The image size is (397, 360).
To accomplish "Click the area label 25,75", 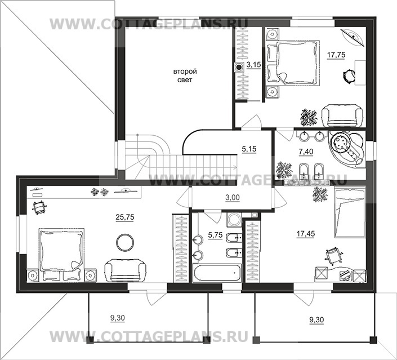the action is point(124,217).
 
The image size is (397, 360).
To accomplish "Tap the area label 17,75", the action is point(336,55).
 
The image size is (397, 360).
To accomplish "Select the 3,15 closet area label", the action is point(254,65).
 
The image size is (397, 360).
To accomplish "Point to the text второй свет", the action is point(185,75).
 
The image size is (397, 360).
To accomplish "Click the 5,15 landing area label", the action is point(249,149).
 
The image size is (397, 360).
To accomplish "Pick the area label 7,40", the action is point(306,152).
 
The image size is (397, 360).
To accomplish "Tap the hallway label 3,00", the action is point(233,197).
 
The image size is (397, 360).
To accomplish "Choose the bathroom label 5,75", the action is point(215,235).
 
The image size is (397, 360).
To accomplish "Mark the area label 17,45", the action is point(306,234).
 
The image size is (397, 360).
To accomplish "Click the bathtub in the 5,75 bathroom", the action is point(217,273).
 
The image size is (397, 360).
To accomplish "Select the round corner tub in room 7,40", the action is point(347,149).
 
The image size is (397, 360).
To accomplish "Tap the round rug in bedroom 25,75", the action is point(125,242).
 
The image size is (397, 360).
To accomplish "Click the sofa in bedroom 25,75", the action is point(126,270).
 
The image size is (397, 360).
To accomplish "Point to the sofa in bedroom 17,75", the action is point(342,116).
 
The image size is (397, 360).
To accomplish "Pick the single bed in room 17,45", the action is point(350,212).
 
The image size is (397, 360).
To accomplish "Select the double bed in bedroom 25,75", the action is point(61,254).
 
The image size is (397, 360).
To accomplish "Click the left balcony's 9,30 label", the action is point(118,318).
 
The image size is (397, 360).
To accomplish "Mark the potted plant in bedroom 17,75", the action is point(309,118).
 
